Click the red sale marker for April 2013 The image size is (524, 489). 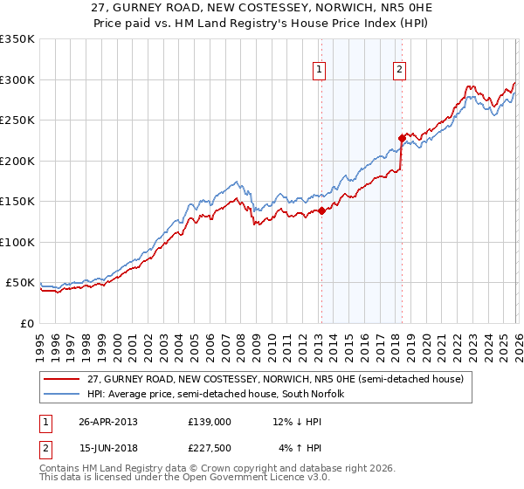tap(321, 210)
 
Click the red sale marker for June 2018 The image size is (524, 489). tap(401, 138)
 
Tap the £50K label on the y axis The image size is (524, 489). tap(21, 283)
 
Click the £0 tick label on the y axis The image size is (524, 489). tap(27, 323)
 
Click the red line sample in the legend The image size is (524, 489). tap(63, 379)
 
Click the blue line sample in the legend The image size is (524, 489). tap(63, 394)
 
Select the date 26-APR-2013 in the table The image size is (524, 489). tap(108, 421)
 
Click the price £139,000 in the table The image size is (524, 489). tap(210, 421)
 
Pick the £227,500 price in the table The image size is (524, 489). tap(210, 449)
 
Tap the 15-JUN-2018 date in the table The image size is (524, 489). tap(108, 449)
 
